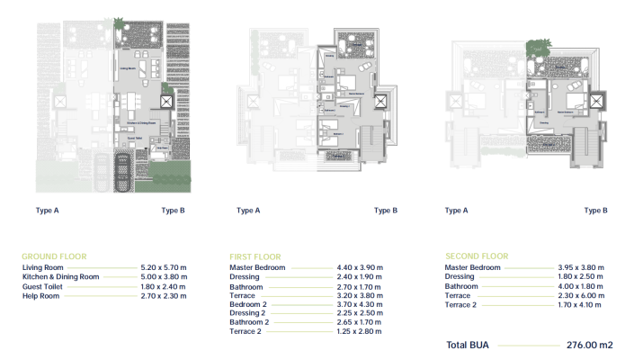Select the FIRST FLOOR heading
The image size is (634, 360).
click(255, 256)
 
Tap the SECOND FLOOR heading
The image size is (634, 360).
click(477, 256)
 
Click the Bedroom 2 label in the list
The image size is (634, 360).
click(249, 304)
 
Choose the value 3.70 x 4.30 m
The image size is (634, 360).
click(359, 304)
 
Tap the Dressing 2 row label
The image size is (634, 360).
click(248, 313)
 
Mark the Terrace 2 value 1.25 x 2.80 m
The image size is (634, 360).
click(359, 331)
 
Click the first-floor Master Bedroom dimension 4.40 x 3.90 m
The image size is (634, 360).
click(359, 268)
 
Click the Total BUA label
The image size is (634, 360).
click(468, 345)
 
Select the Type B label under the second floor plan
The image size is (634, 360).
click(595, 211)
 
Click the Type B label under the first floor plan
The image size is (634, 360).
click(384, 211)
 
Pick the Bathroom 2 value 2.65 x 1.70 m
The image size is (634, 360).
click(359, 322)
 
